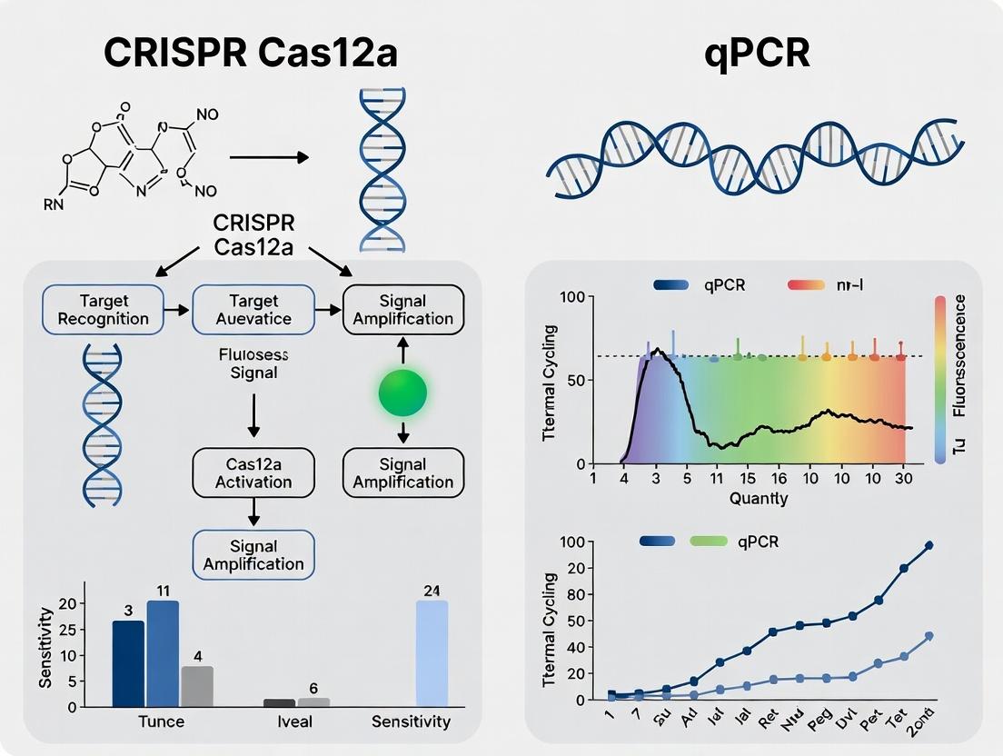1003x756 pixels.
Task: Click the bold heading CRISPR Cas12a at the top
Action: tap(250, 54)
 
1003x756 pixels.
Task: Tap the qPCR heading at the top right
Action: tap(757, 54)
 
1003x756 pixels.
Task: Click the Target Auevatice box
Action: tap(253, 309)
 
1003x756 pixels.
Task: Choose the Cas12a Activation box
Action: tap(253, 472)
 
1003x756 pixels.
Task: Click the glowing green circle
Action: tap(402, 393)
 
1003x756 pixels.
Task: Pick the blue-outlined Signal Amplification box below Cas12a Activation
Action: tap(253, 555)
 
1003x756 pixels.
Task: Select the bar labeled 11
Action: tap(163, 652)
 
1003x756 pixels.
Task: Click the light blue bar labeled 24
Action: tap(432, 652)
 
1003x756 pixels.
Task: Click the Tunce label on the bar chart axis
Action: tap(160, 721)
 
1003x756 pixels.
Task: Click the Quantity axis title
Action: tap(758, 498)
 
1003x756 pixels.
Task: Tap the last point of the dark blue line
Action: tap(929, 545)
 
